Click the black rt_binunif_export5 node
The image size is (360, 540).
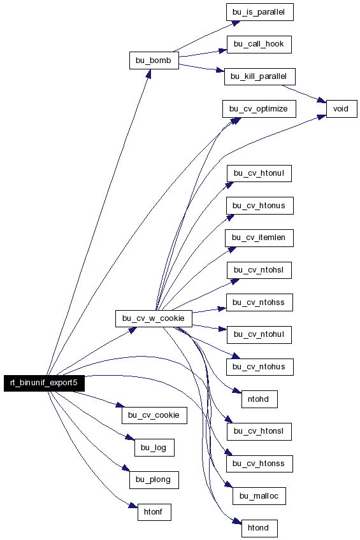click(44, 383)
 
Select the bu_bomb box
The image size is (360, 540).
click(154, 60)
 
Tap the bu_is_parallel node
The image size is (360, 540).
click(260, 12)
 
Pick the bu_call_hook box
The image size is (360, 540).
click(259, 45)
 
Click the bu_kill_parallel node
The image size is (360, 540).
click(260, 76)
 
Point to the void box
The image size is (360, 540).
click(342, 109)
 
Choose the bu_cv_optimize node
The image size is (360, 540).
click(259, 109)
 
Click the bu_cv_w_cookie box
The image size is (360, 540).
click(154, 318)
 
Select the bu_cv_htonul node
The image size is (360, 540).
click(259, 173)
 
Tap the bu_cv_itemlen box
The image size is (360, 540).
click(259, 238)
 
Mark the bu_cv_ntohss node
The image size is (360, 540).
click(259, 302)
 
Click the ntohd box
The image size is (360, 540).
click(259, 399)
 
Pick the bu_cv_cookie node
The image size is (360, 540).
click(154, 415)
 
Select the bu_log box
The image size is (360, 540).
click(154, 448)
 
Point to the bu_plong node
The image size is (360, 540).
click(154, 480)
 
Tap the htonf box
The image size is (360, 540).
click(154, 512)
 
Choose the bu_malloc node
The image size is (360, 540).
click(259, 496)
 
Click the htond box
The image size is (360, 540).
click(259, 529)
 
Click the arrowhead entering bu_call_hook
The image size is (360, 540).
click(223, 51)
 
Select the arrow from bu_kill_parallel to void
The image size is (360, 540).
click(304, 94)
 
